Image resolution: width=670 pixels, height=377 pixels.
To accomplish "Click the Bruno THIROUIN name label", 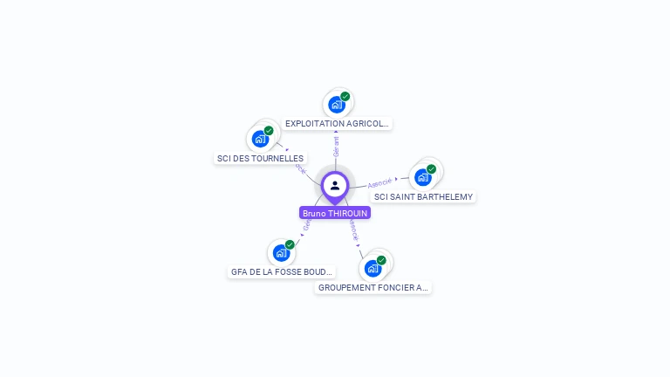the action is point(335,213).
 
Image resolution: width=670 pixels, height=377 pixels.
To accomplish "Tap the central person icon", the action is point(335,185).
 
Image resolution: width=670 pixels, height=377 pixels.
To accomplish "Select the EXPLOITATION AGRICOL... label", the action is point(338,124).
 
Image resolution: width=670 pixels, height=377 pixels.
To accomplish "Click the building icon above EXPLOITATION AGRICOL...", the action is point(336,106).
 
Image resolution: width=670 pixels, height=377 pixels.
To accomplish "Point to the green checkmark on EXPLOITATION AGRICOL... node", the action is point(345,96).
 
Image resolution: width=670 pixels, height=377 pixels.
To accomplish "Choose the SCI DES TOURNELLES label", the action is point(260,159).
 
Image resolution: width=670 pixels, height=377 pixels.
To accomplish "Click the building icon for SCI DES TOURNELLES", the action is point(259,140).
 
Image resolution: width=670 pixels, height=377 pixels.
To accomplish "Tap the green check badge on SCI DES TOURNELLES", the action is point(269,130).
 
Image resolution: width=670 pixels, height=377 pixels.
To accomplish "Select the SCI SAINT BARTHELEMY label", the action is point(423,197).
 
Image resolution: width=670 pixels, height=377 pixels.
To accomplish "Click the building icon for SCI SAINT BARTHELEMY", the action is point(422,178).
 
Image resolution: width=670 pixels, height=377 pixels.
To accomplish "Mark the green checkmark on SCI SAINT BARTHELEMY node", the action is point(432,168).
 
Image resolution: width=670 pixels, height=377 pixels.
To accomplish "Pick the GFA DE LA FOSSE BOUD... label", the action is point(282,272).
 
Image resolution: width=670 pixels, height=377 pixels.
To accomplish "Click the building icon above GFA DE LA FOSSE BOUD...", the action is point(280,254).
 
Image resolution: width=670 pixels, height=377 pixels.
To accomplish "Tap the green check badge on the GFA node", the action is point(290,244).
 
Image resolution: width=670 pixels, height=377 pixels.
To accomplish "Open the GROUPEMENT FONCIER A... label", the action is point(373,288).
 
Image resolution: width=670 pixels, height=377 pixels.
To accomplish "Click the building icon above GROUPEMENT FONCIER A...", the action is point(373,269).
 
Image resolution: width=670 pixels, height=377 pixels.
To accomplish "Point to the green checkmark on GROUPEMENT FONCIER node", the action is point(381,260).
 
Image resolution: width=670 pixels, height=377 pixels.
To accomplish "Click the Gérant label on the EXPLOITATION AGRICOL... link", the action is point(336,146).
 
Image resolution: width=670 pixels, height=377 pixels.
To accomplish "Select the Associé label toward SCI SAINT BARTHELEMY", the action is point(379,183).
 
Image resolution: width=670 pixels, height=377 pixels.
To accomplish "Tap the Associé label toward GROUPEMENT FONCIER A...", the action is point(352,230).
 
